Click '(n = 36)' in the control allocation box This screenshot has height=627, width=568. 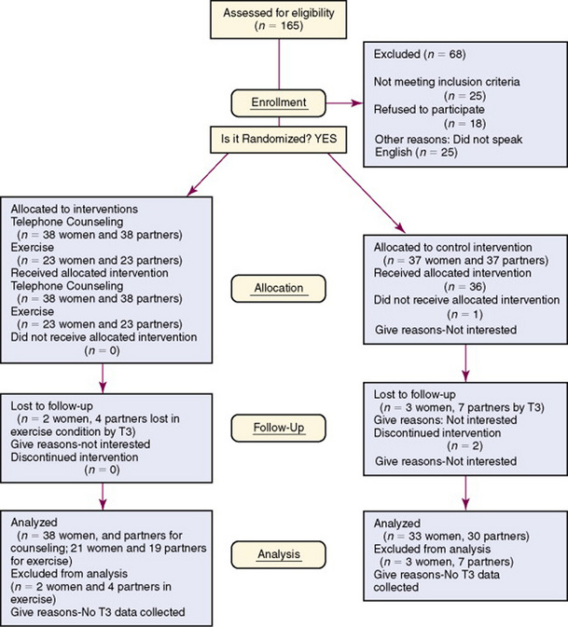pyautogui.click(x=450, y=287)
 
